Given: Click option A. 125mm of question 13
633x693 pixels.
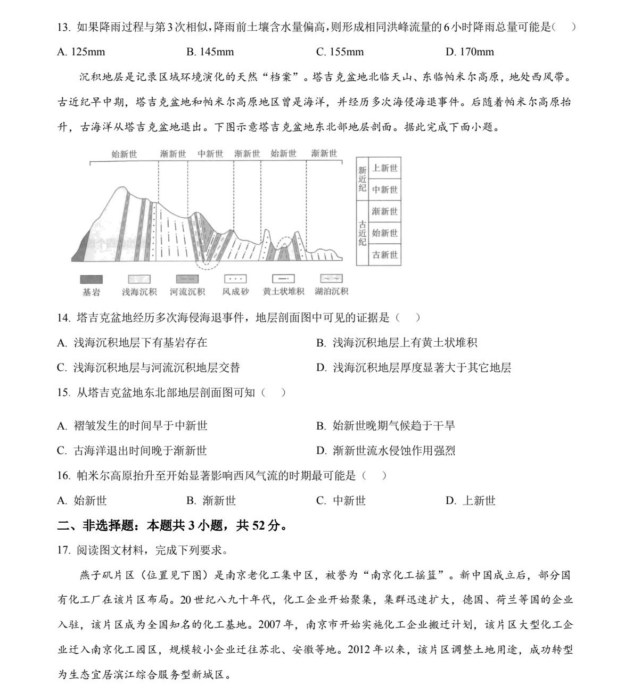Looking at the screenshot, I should pos(81,52).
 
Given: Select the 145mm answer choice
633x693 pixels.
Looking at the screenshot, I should pos(210,52).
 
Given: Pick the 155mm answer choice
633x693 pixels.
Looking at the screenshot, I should pos(340,52).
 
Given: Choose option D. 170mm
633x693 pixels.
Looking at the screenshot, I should pos(470,52).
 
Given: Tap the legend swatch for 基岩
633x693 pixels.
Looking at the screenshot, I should pos(91,279).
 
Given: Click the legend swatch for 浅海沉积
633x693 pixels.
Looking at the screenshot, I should pos(139,279).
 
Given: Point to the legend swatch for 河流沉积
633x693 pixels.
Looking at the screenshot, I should pos(187,279).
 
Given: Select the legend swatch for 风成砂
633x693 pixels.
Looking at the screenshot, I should pos(235,279).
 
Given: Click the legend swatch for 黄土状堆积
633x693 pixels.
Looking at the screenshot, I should pos(283,279).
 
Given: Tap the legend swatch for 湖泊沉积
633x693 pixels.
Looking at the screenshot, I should pos(331,279).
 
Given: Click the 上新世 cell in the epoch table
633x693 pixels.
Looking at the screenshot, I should pos(384,168).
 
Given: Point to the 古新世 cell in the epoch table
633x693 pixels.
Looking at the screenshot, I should pos(384,254).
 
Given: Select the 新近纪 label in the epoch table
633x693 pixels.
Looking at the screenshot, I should pos(362,179).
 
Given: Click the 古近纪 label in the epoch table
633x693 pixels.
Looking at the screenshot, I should pos(362,233).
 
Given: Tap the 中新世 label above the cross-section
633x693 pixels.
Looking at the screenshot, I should pos(210,154).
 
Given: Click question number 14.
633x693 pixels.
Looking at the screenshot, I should pos(63,318).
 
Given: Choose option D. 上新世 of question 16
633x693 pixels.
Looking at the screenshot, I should pos(471,500).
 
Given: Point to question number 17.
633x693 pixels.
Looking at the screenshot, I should pos(63,550).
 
